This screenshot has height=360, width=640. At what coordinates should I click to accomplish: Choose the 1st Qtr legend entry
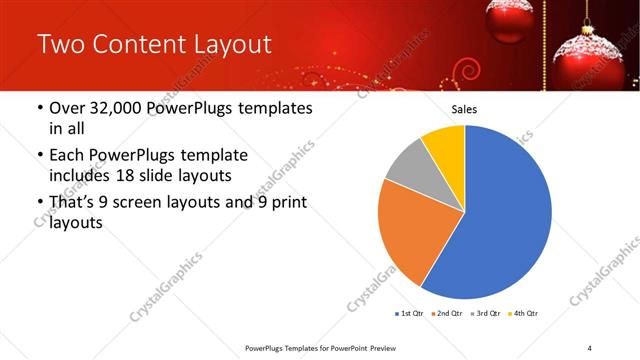pyautogui.click(x=410, y=314)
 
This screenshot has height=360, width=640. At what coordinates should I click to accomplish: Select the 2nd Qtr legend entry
pyautogui.click(x=447, y=314)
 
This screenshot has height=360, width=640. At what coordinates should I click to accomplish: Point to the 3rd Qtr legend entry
pyautogui.click(x=485, y=314)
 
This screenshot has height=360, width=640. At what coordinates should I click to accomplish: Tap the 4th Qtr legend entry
pyautogui.click(x=523, y=314)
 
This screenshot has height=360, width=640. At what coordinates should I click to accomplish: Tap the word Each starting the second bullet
pyautogui.click(x=68, y=156)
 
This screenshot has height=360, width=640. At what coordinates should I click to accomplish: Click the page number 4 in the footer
pyautogui.click(x=590, y=347)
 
